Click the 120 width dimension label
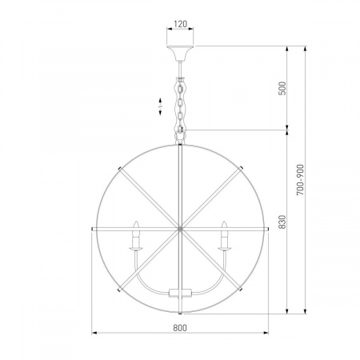coord(180,24)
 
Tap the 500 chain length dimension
coord(282,88)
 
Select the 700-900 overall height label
coord(300,180)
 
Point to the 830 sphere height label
coord(282,222)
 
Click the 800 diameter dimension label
coord(180,327)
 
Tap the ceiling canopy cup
coord(180,53)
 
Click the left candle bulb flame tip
coord(136,222)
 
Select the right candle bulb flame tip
coord(224,222)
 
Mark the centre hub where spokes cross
coord(180,229)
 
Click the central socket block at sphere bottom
coord(180,293)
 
